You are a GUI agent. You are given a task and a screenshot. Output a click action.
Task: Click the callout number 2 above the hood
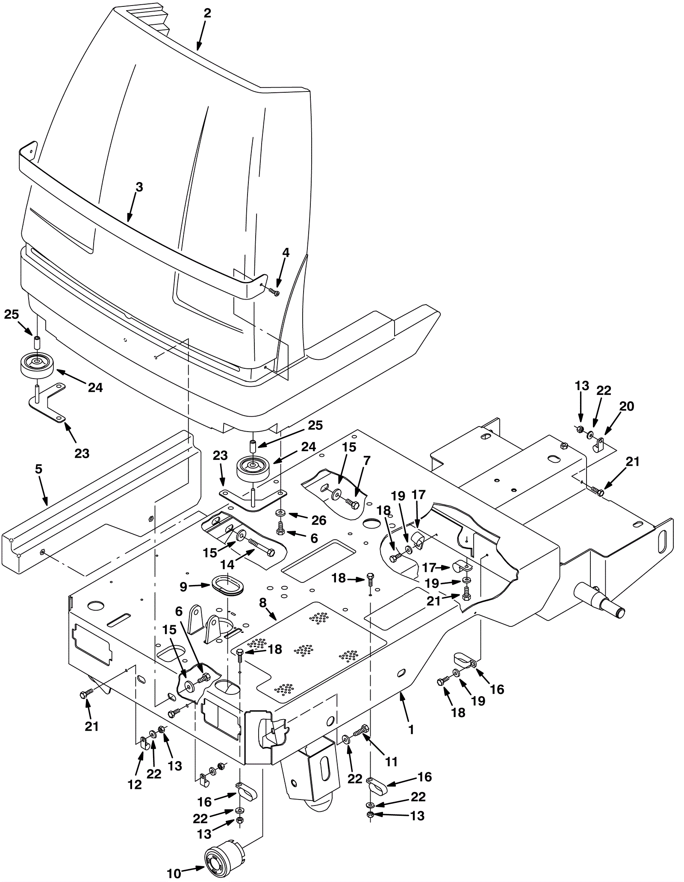coord(207,13)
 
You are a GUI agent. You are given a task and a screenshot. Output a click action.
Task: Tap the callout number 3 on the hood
coord(139,187)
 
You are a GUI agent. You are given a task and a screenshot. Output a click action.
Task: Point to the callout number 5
coord(38,469)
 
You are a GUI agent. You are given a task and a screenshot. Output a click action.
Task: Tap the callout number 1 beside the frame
coord(411,729)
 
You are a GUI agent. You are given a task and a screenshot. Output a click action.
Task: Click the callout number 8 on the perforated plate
coord(262,603)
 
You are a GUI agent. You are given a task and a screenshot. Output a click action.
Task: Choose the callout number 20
coord(626,406)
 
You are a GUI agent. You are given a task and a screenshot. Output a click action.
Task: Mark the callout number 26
coord(319,520)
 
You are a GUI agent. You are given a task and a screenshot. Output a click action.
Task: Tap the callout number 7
coord(367,461)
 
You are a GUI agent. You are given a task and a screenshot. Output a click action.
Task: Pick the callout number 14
coord(227,564)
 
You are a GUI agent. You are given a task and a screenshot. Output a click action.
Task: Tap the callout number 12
coord(135,785)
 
